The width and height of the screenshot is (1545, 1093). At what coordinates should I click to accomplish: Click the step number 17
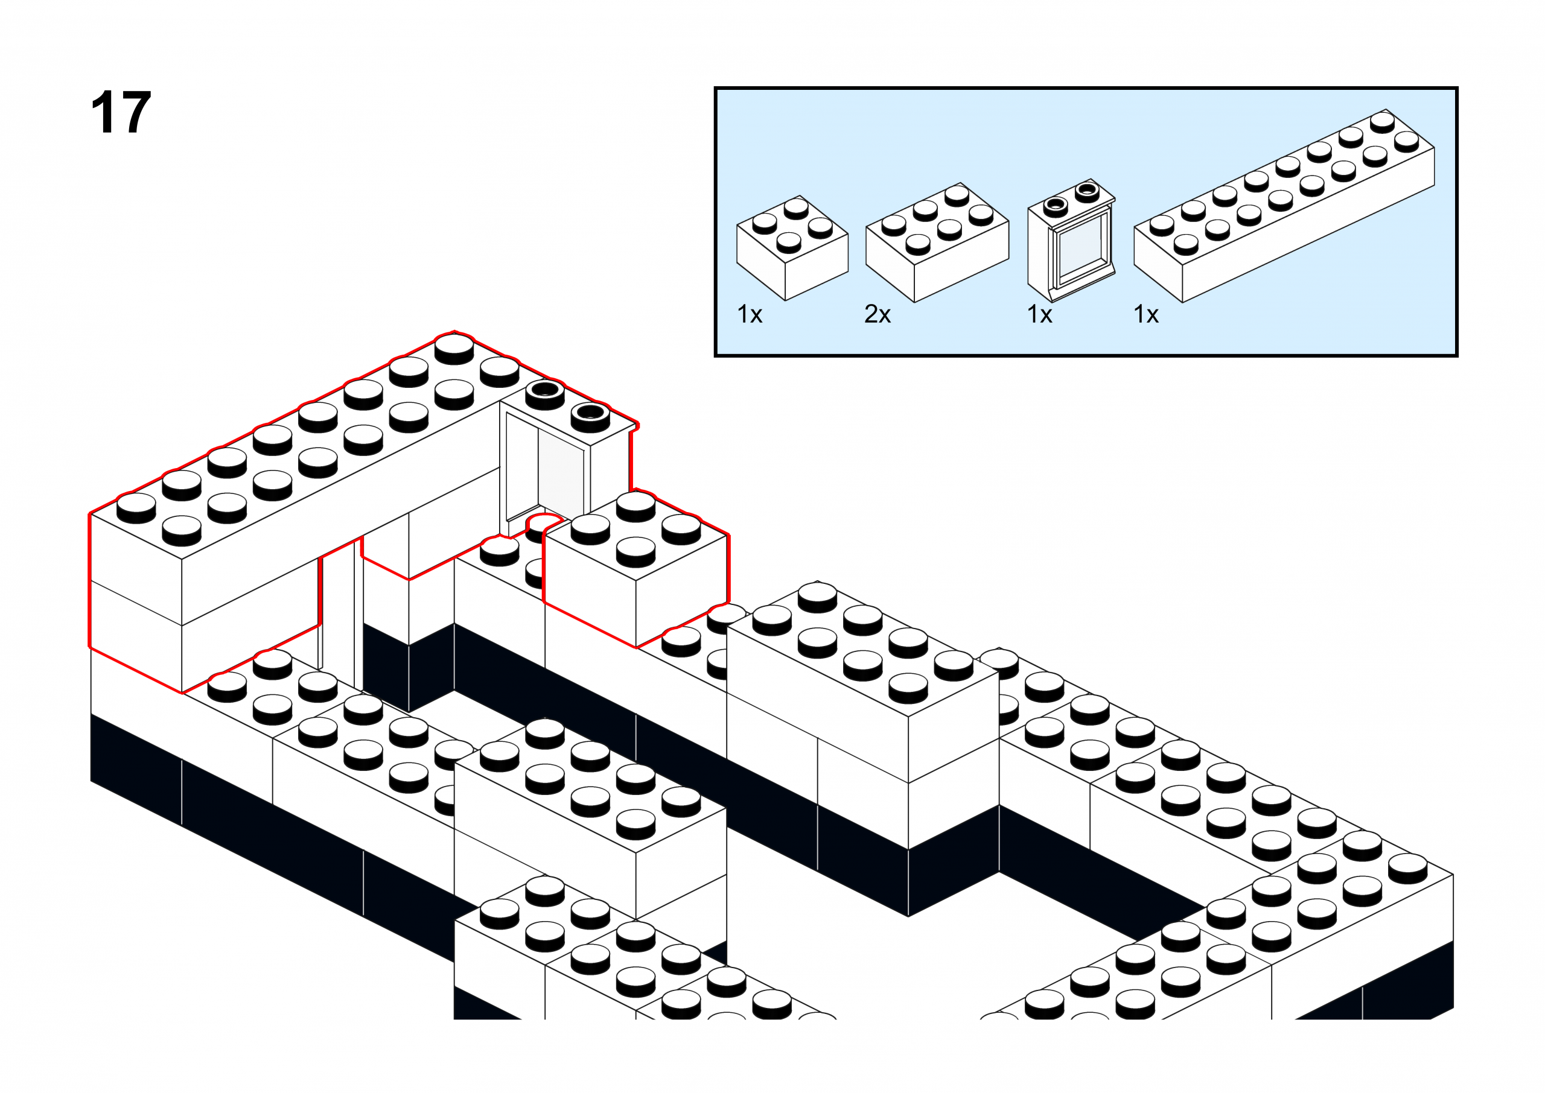(x=121, y=113)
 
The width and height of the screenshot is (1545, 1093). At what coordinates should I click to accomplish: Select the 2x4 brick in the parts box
(x=937, y=242)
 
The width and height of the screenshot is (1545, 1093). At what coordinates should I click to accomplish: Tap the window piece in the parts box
(x=1071, y=242)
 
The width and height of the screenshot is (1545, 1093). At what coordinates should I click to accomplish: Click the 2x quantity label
(x=877, y=314)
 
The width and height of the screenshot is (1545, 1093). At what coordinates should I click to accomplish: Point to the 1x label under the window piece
(x=1039, y=314)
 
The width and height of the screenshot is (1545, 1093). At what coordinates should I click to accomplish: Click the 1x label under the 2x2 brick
(x=750, y=314)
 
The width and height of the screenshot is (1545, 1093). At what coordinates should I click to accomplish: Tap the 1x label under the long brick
(x=1146, y=314)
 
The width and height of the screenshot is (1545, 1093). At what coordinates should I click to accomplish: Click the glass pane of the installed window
(x=560, y=475)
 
